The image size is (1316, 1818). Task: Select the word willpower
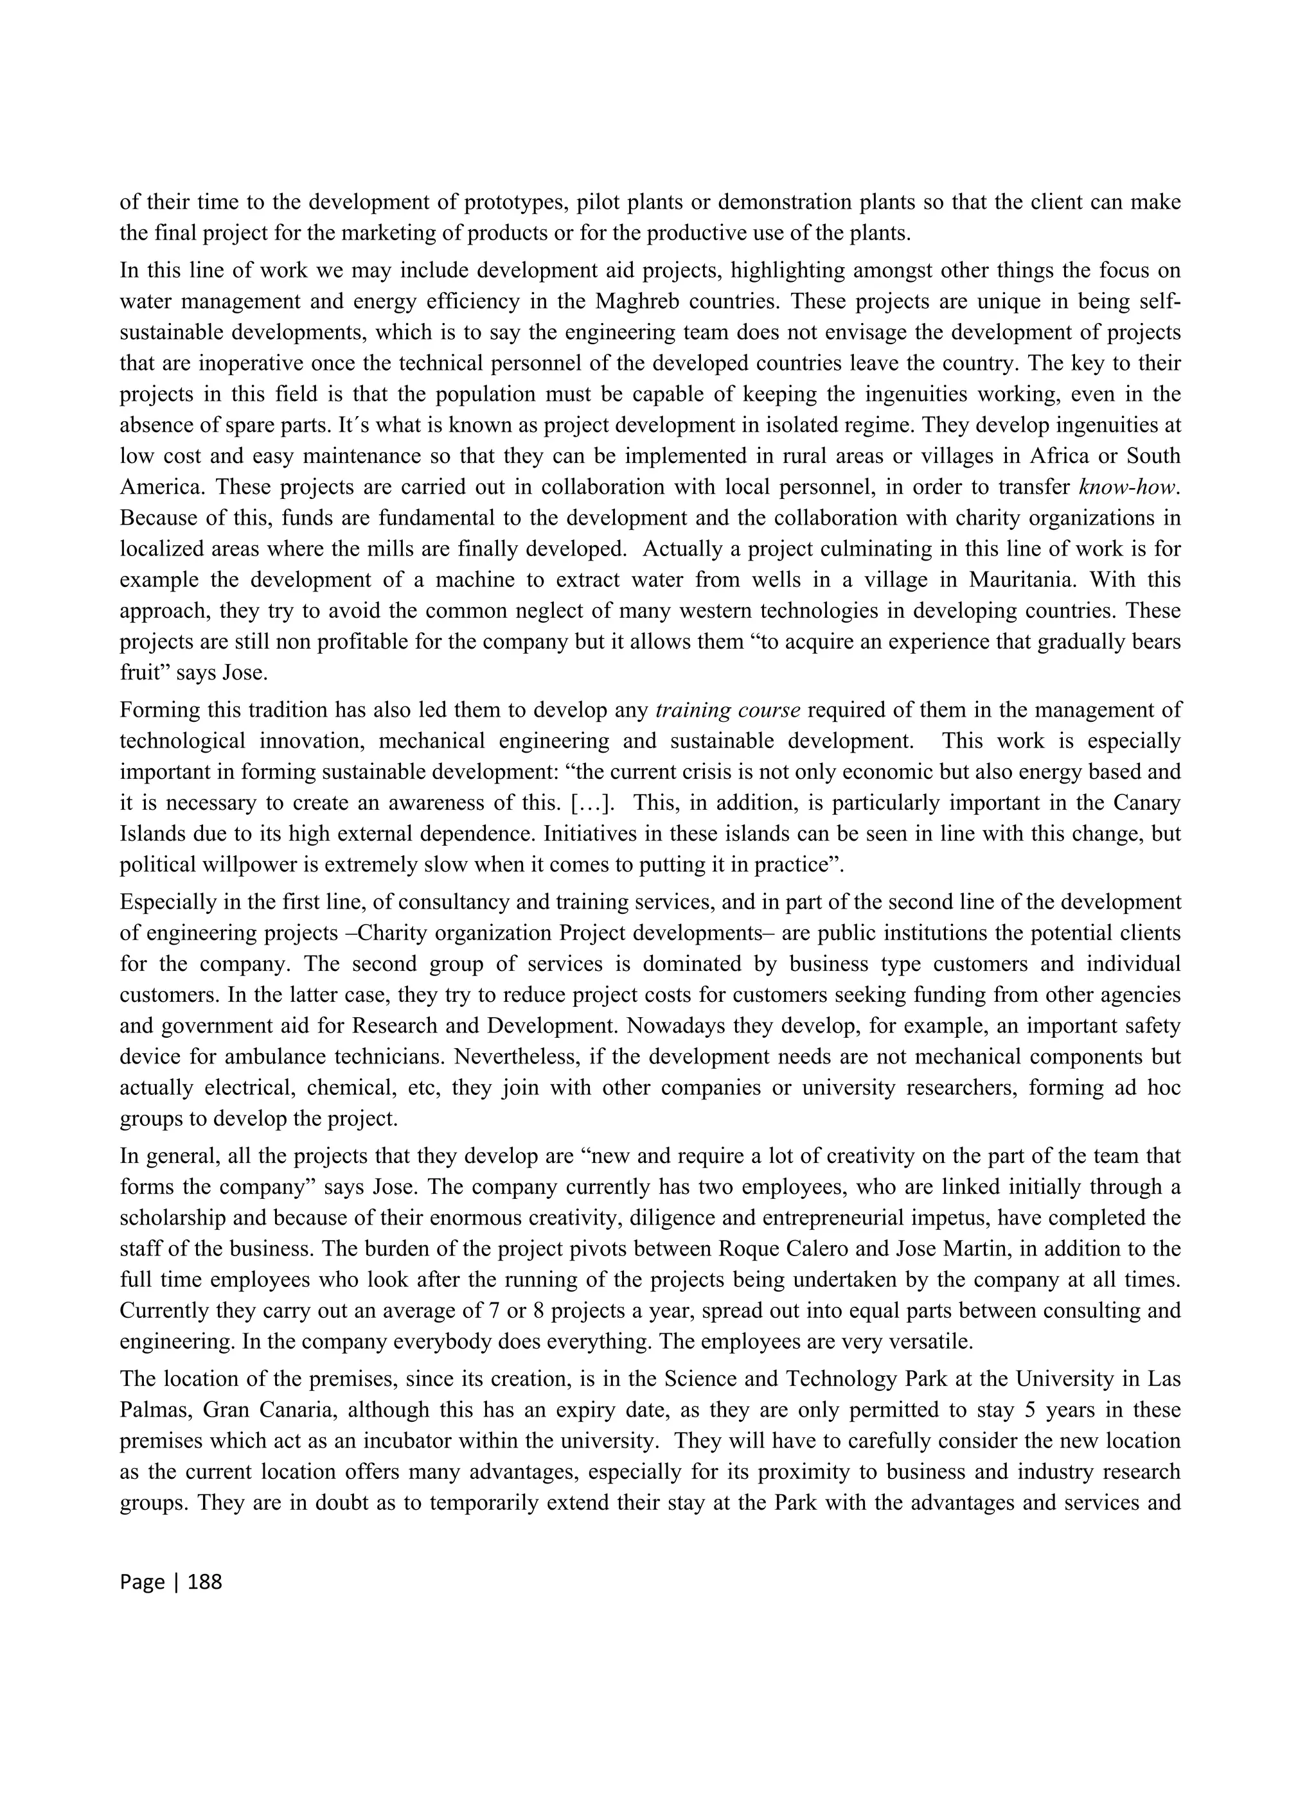[227, 864]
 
